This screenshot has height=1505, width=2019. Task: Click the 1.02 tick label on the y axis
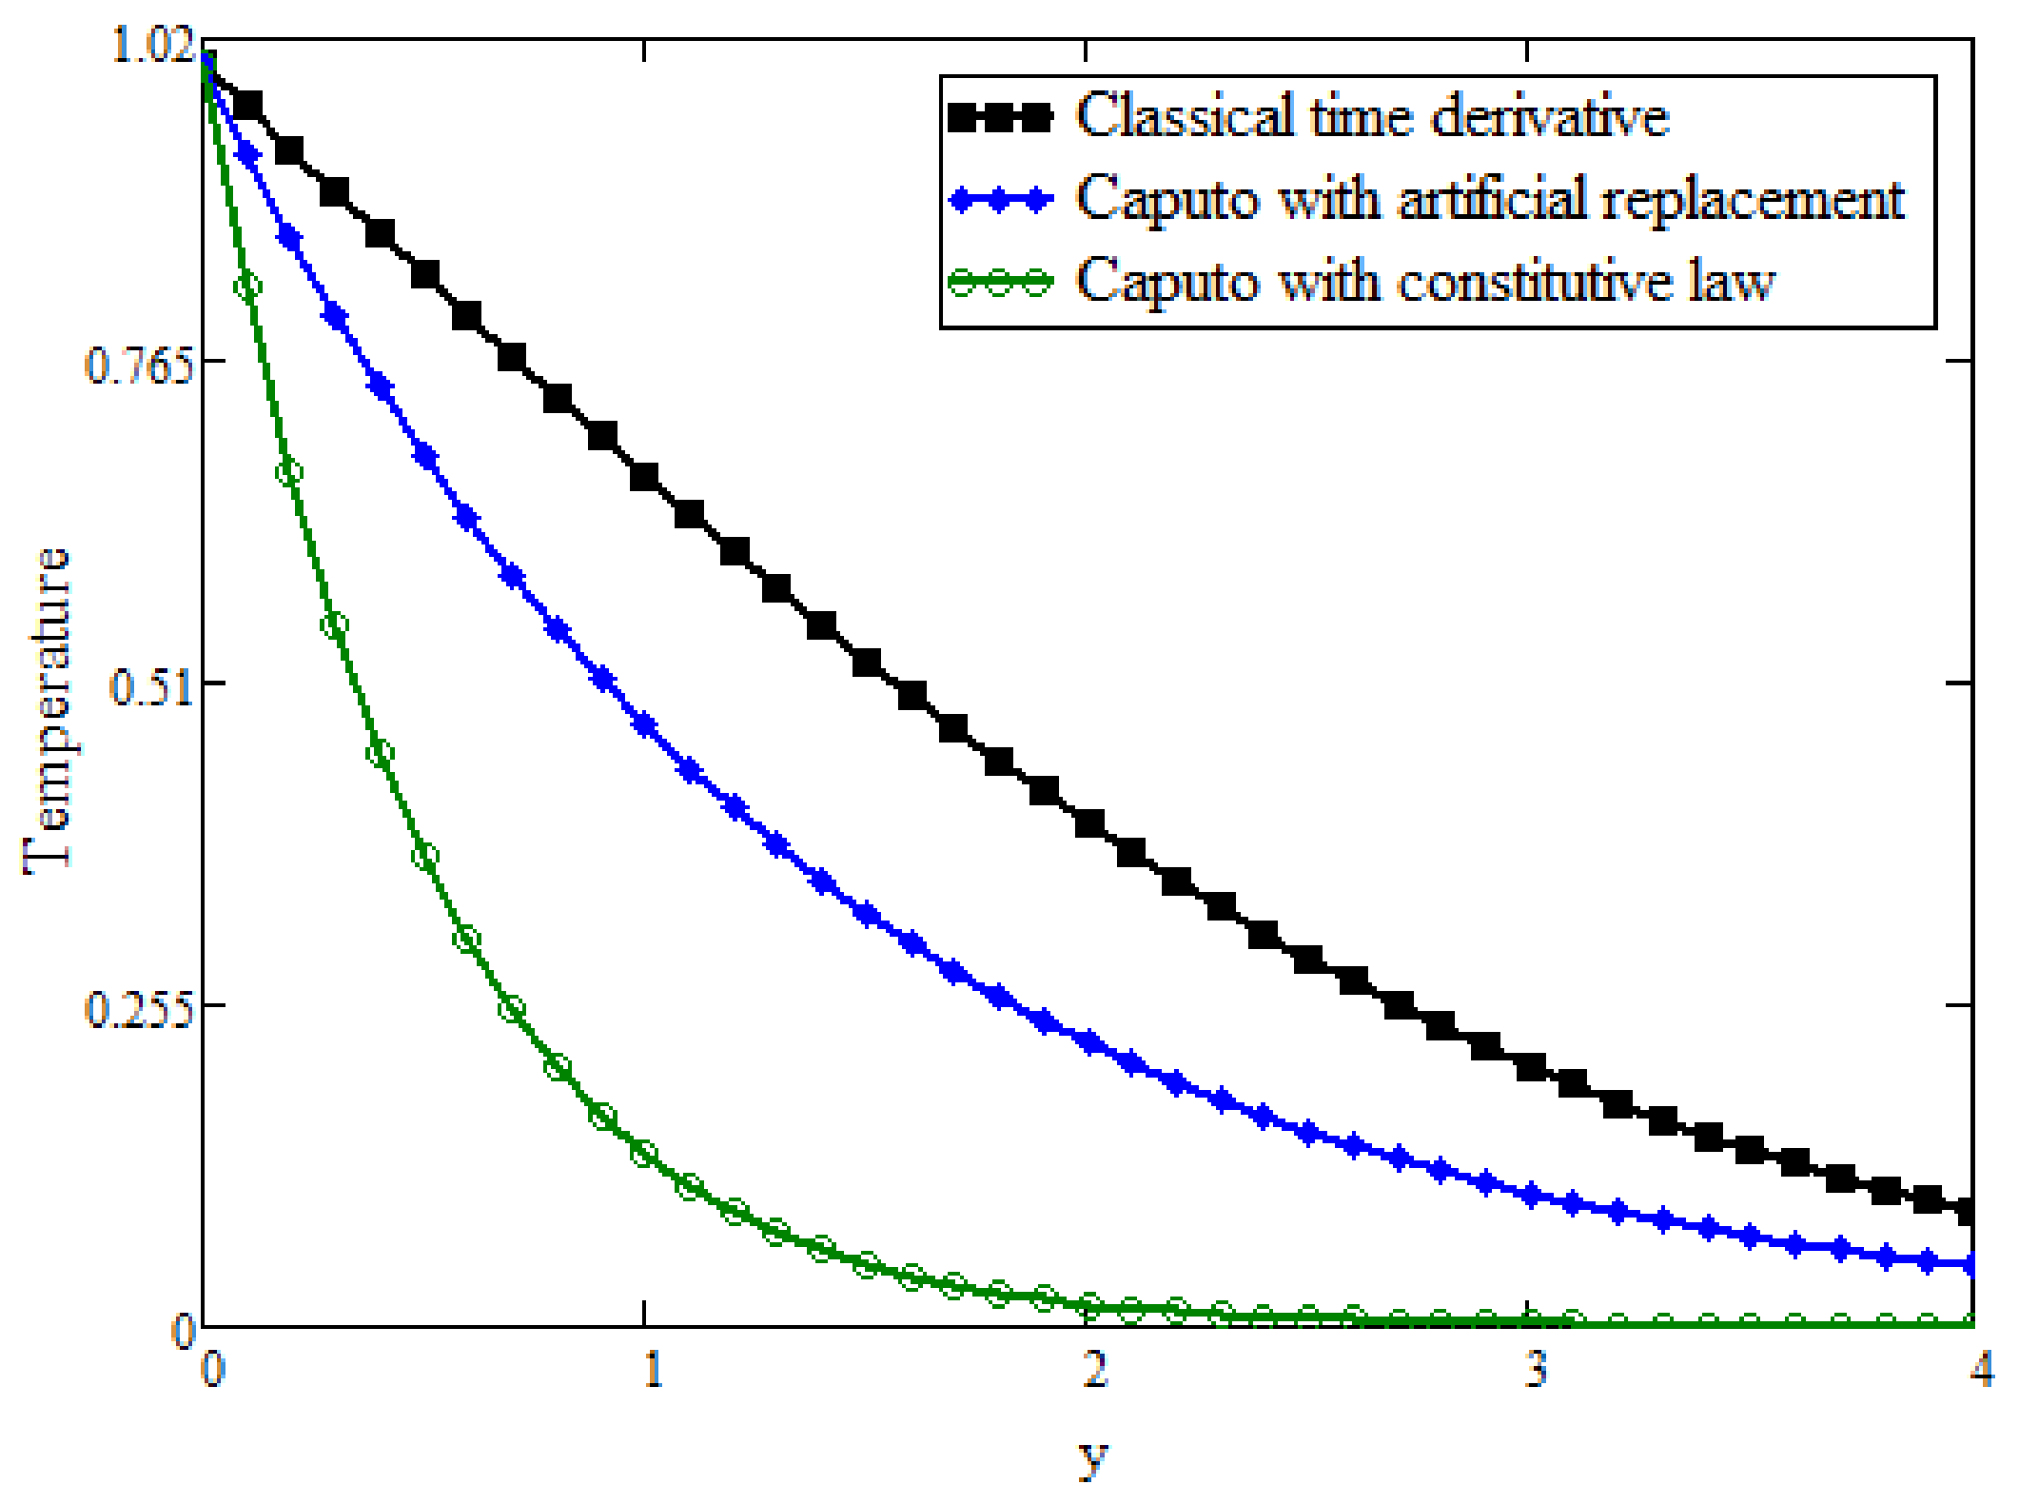(x=152, y=46)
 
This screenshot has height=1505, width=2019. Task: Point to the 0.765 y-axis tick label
(x=138, y=366)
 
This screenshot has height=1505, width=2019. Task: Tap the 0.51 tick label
(x=150, y=687)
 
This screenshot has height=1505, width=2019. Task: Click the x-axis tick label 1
(x=652, y=1371)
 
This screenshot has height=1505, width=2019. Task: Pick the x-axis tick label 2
(x=1095, y=1371)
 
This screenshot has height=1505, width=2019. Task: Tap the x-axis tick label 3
(x=1535, y=1371)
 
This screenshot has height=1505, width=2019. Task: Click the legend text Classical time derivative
(x=1372, y=117)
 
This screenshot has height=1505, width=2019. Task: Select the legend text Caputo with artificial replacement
(x=1490, y=200)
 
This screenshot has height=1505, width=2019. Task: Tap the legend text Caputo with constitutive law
(x=1425, y=283)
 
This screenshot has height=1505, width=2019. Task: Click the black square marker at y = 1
(x=646, y=477)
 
